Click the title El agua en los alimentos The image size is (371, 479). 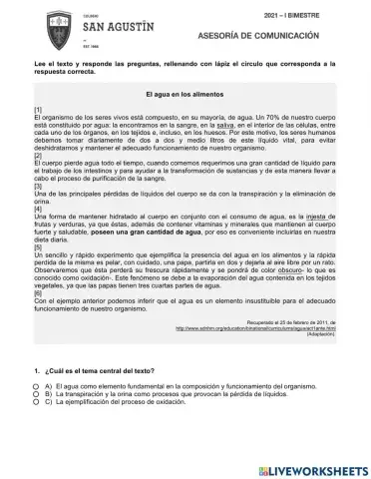(185, 93)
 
